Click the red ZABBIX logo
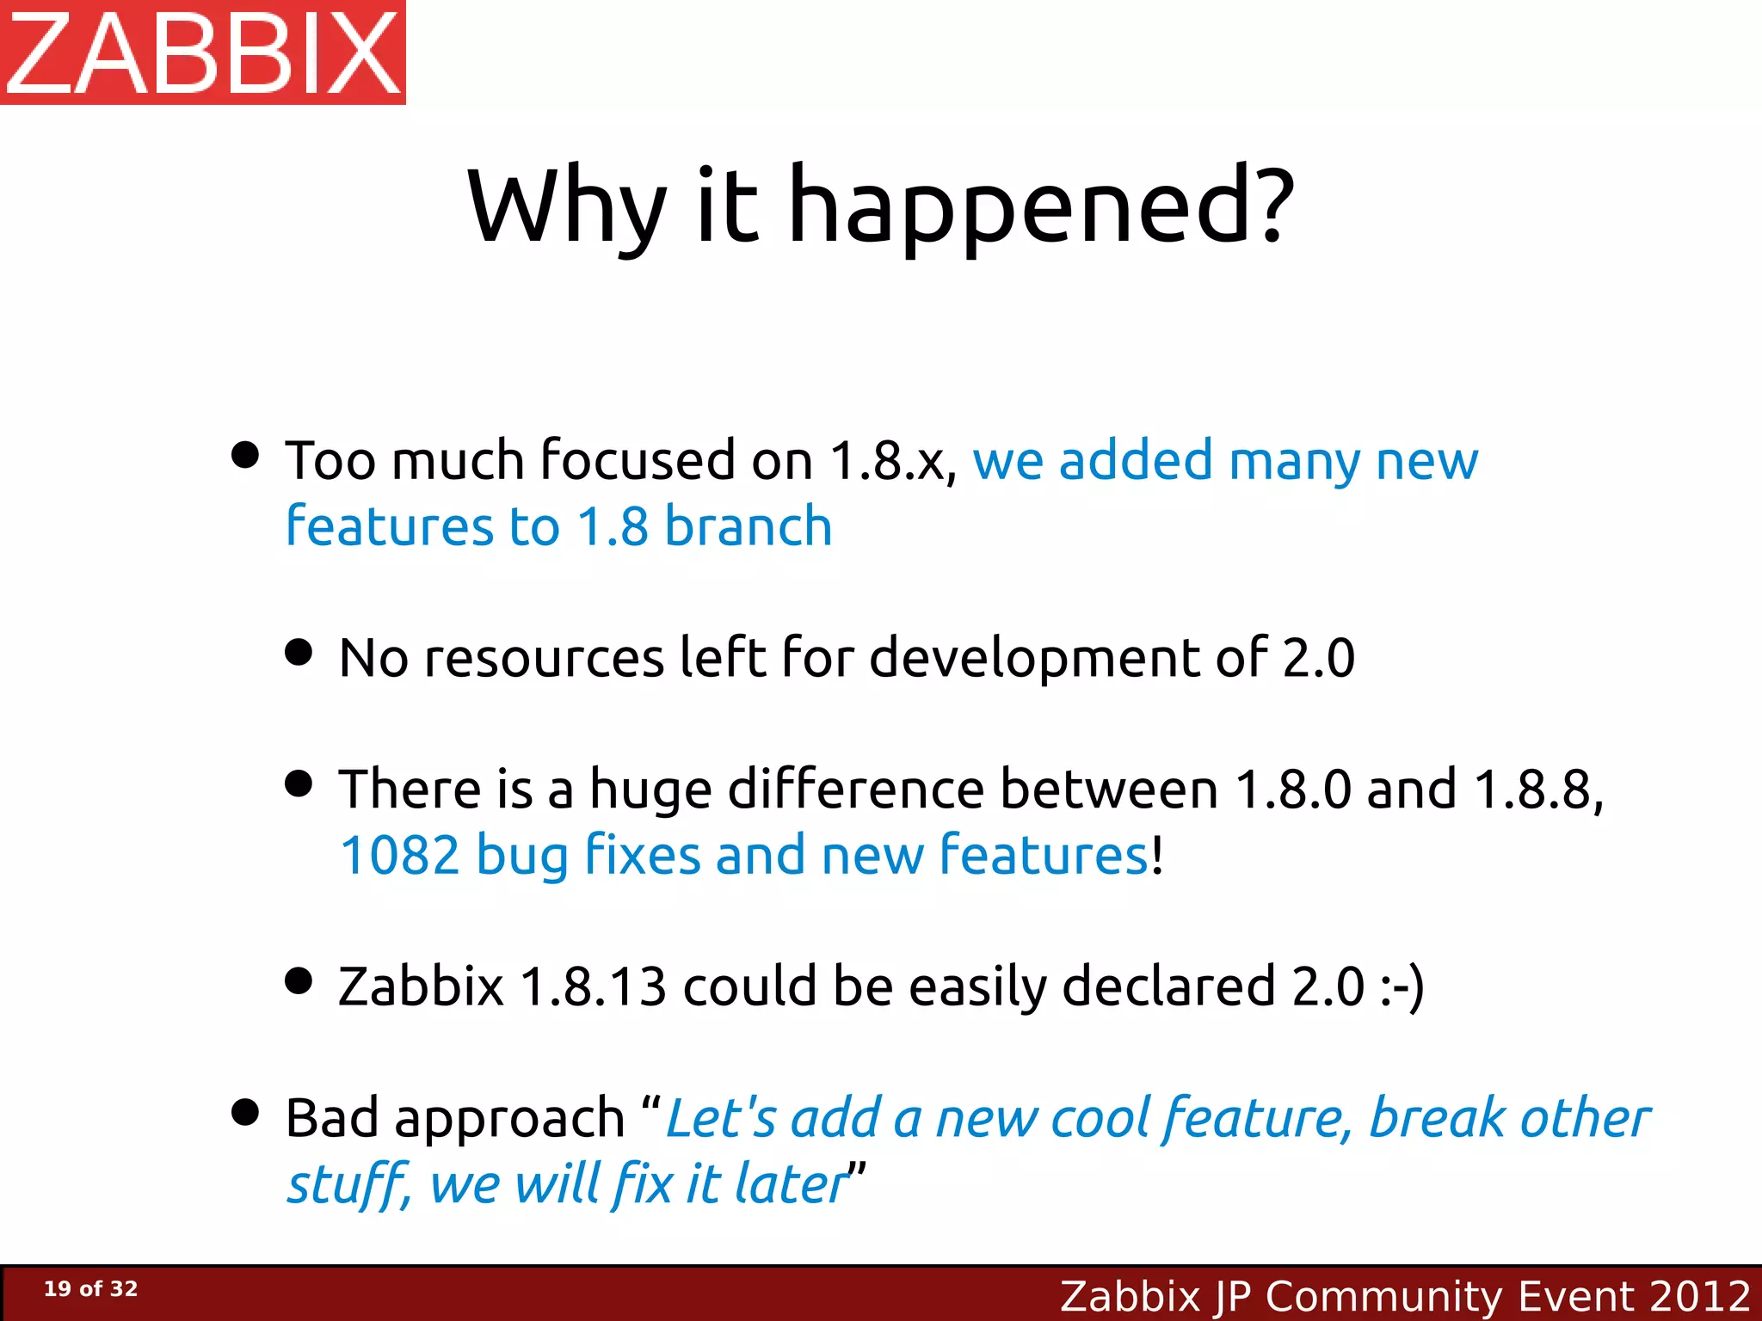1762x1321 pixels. [203, 52]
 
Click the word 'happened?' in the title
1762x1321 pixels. [1041, 206]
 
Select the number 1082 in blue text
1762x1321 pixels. [400, 856]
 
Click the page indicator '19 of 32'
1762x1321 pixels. [90, 1288]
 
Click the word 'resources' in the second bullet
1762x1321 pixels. [545, 658]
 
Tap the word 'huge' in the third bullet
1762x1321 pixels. [650, 790]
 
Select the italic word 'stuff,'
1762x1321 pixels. [349, 1184]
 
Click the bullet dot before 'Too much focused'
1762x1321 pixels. [245, 455]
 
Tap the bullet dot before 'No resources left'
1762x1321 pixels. [299, 652]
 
